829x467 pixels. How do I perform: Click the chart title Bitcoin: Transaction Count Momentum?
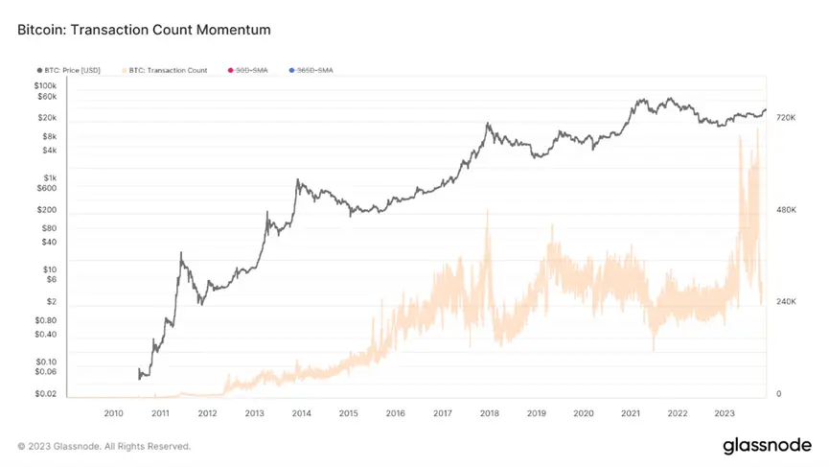coord(144,30)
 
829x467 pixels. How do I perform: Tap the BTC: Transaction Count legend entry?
coord(167,70)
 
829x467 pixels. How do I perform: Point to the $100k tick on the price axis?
coord(44,85)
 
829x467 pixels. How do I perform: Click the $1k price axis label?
coord(50,178)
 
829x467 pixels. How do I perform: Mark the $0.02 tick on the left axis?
coord(45,394)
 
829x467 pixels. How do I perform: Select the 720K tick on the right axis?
coord(787,117)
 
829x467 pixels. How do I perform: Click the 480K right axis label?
coord(787,209)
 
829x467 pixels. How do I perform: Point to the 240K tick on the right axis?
coord(787,302)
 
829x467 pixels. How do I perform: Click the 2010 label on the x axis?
coord(113,413)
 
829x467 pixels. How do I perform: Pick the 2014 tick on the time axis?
coord(301,413)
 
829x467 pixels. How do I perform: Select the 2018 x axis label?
coord(489,413)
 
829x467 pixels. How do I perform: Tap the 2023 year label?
coord(725,413)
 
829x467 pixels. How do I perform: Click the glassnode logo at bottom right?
coord(767,446)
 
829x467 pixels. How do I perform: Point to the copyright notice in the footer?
coord(104,446)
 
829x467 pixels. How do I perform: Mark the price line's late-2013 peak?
coord(298,179)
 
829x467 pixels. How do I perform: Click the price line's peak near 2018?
coord(488,123)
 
